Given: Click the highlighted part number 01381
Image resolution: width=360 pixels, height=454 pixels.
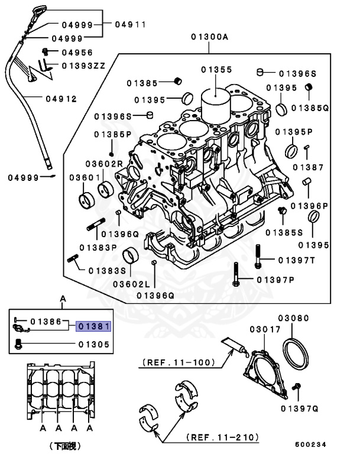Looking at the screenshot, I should [93, 326].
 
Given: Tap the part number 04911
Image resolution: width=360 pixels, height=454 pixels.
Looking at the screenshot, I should [130, 24].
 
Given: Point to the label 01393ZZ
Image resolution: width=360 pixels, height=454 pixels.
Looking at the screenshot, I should [83, 65].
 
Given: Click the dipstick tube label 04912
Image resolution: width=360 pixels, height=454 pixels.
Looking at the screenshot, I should [61, 99].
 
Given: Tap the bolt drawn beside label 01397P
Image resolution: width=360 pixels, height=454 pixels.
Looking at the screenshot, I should [236, 277].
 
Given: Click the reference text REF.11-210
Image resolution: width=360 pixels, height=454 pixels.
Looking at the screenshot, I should [223, 437].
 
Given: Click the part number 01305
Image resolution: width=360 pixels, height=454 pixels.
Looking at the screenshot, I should [93, 343].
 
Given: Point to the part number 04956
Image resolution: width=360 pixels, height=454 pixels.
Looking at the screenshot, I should [77, 52].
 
